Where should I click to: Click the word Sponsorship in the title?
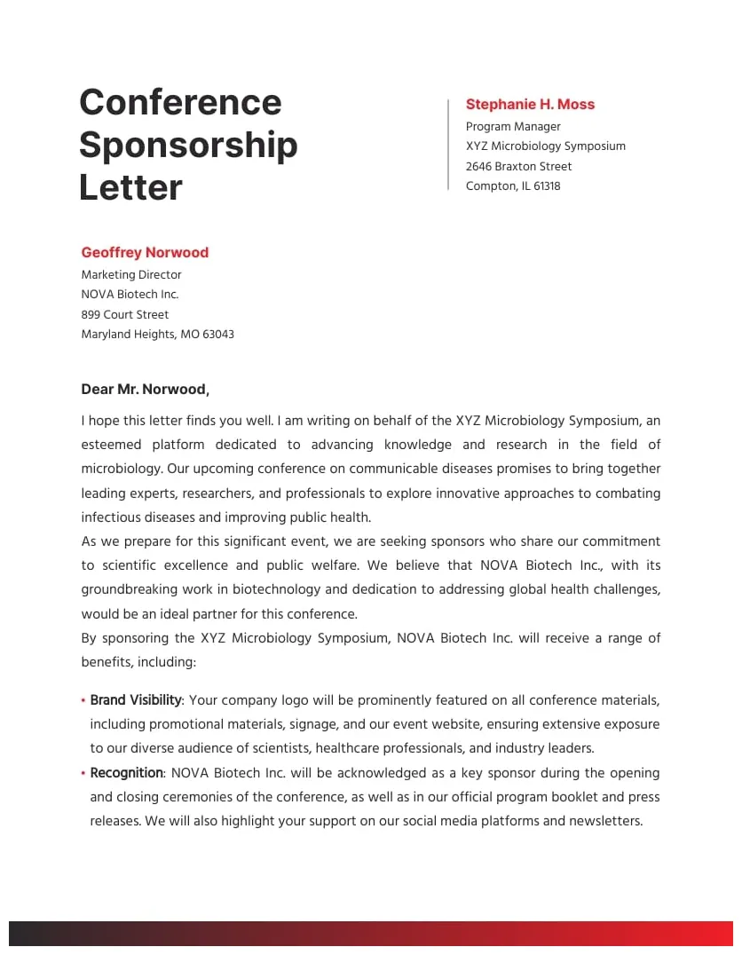coord(188,145)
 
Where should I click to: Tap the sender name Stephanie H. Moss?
coord(530,105)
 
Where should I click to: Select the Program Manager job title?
coord(513,127)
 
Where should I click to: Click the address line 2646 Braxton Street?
coord(518,167)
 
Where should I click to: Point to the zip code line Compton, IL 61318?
coord(513,186)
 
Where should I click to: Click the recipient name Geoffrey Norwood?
coord(145,253)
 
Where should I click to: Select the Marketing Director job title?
coord(131,275)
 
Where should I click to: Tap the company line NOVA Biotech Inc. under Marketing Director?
coord(130,295)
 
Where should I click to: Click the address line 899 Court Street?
coord(124,315)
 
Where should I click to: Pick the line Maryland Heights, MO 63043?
coord(157,335)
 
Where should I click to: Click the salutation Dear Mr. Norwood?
coord(145,390)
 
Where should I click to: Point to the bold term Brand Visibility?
coord(136,700)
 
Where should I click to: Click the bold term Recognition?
coord(126,773)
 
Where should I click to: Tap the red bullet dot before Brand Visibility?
coord(83,701)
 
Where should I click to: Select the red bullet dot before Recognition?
coord(83,774)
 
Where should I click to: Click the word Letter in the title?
coord(130,187)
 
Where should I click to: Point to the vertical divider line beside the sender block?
coord(448,145)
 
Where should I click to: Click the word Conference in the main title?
coord(180,102)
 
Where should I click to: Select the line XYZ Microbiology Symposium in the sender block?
coord(545,146)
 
